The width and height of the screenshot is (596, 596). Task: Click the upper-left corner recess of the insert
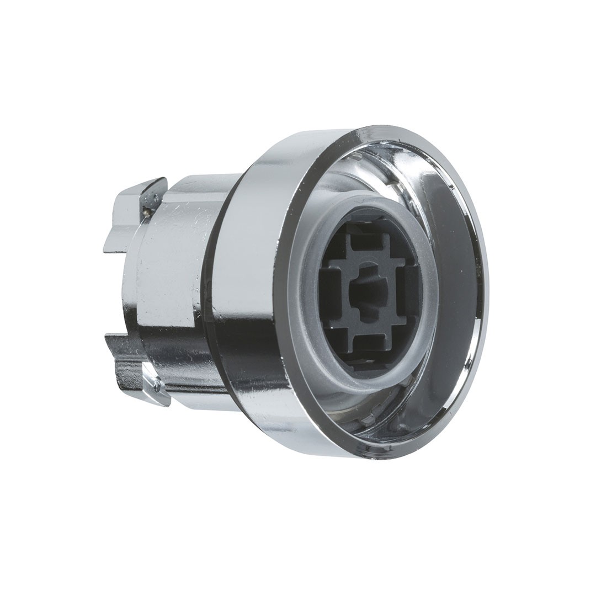[337, 248]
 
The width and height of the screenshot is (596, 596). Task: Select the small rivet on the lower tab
[157, 386]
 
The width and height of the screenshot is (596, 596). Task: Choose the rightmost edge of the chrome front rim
[486, 287]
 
